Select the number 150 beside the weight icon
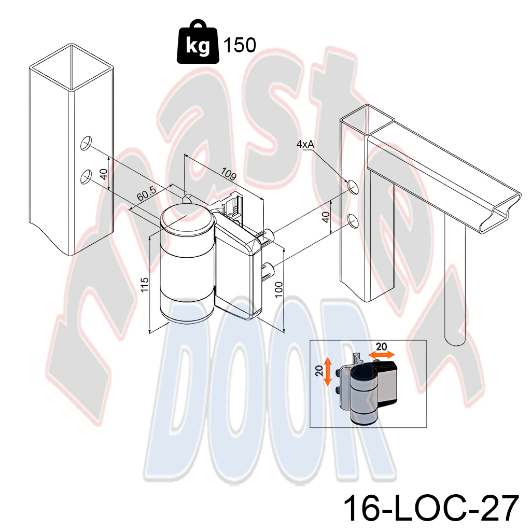pyautogui.click(x=240, y=45)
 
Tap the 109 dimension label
pyautogui.click(x=228, y=173)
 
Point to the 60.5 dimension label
pyautogui.click(x=147, y=193)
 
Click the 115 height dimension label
pyautogui.click(x=145, y=285)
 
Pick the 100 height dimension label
pyautogui.click(x=278, y=289)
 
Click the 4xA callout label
pyautogui.click(x=305, y=144)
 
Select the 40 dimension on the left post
pyautogui.click(x=104, y=174)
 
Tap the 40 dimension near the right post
pyautogui.click(x=326, y=217)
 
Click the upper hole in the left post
pyautogui.click(x=86, y=143)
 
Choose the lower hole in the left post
pyautogui.click(x=86, y=177)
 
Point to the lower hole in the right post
pyautogui.click(x=353, y=220)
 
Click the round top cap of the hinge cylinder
pyautogui.click(x=187, y=220)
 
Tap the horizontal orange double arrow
pyautogui.click(x=382, y=355)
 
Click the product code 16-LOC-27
pyautogui.click(x=431, y=508)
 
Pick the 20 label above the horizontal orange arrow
pyautogui.click(x=381, y=346)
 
